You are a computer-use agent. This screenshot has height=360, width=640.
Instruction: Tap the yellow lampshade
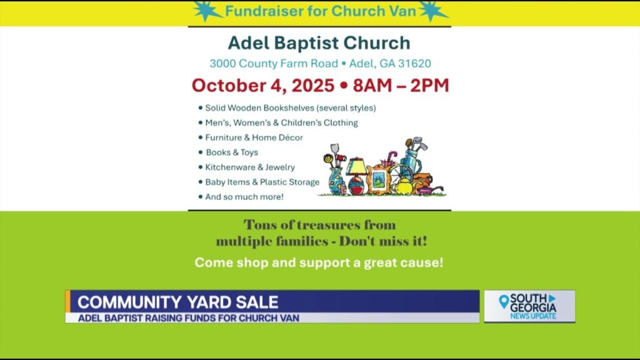[x=356, y=167]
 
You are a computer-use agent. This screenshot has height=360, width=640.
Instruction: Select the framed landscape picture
[x=378, y=179]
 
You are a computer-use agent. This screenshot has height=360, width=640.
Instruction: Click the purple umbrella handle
[x=392, y=157]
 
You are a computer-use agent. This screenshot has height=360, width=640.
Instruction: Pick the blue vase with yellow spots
[x=337, y=181]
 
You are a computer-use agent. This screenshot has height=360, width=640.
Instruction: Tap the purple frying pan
[x=429, y=190]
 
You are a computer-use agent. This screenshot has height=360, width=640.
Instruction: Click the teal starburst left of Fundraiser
[x=207, y=11]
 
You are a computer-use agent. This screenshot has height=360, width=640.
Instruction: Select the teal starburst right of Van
[x=432, y=11]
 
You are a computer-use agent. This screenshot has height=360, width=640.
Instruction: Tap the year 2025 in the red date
[x=313, y=85]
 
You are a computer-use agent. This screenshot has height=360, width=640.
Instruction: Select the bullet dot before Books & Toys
[x=201, y=152]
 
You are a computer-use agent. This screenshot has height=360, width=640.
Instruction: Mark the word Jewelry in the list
[x=280, y=167]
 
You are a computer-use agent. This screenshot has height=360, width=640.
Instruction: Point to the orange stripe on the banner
[x=67, y=301]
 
